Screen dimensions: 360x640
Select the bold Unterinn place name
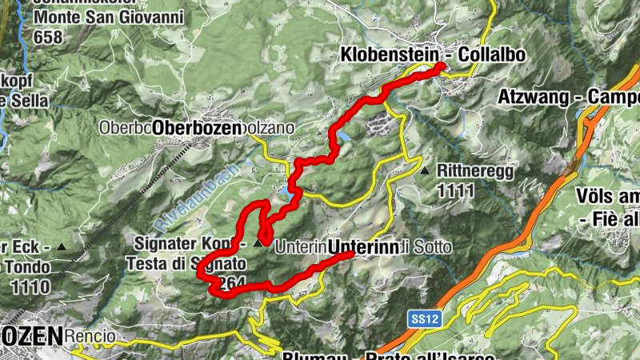coord(363,248)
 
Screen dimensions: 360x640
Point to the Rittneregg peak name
coord(475,170)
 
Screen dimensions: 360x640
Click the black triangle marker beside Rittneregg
coord(424,170)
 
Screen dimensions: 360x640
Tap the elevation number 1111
coord(456,190)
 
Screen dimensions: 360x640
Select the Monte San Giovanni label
coord(108,17)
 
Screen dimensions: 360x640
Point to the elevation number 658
coord(46,37)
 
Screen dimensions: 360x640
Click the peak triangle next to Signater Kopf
coord(257,243)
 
